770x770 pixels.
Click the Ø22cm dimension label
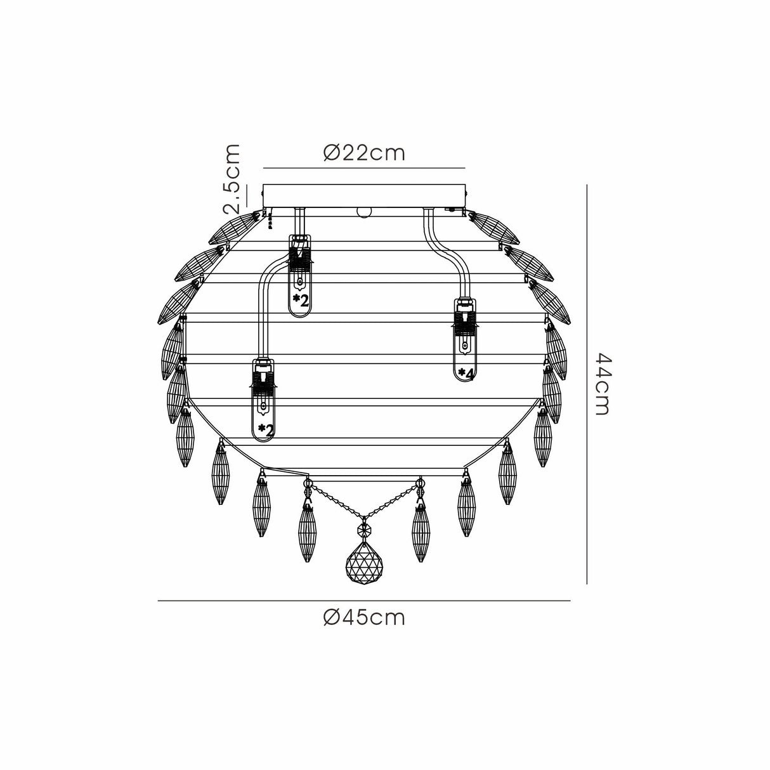click(363, 153)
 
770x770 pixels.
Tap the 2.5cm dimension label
click(233, 178)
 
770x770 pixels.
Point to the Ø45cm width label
click(363, 617)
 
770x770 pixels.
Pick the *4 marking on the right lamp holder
click(466, 374)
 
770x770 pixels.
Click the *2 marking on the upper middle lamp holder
click(301, 300)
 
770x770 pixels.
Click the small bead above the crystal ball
click(364, 530)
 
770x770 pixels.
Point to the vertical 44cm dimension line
click(588, 384)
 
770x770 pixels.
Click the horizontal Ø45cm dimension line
click(364, 601)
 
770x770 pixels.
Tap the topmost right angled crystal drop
click(495, 228)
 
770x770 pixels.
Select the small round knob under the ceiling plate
click(364, 211)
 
